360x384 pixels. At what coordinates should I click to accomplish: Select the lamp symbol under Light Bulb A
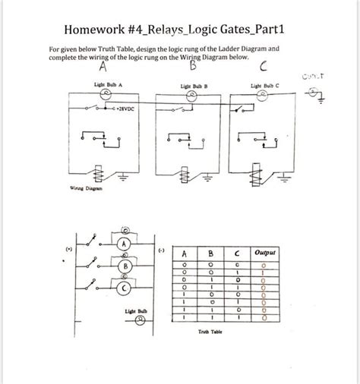(x=108, y=93)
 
